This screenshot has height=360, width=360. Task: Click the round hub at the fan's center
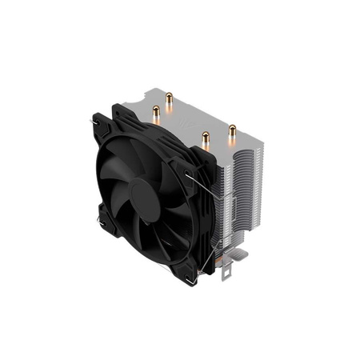click(145, 190)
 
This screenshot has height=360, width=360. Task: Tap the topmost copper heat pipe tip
click(170, 96)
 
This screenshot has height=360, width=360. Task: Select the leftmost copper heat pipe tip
click(157, 111)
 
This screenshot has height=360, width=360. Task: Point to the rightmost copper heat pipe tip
click(233, 128)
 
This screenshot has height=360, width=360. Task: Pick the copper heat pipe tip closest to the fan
click(206, 137)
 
